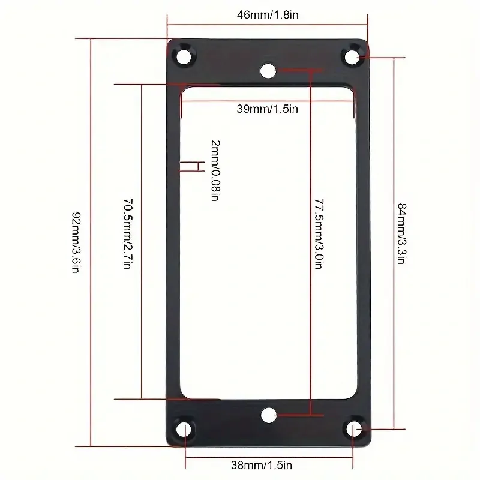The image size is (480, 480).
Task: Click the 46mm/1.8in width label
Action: [x=268, y=14]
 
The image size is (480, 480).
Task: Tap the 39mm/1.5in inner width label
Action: [x=267, y=109]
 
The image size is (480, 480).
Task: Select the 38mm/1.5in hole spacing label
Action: [x=262, y=465]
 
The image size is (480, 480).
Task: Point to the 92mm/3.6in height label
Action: [x=76, y=242]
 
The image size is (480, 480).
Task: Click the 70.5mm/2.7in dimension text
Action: [x=128, y=234]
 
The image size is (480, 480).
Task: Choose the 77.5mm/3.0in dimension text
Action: [x=319, y=234]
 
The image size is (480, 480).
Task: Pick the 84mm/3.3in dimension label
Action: [x=401, y=233]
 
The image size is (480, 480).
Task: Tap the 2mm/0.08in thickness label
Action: [x=215, y=170]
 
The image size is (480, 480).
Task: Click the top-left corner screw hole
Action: [x=184, y=56]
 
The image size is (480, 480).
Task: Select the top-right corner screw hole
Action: [x=352, y=57]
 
